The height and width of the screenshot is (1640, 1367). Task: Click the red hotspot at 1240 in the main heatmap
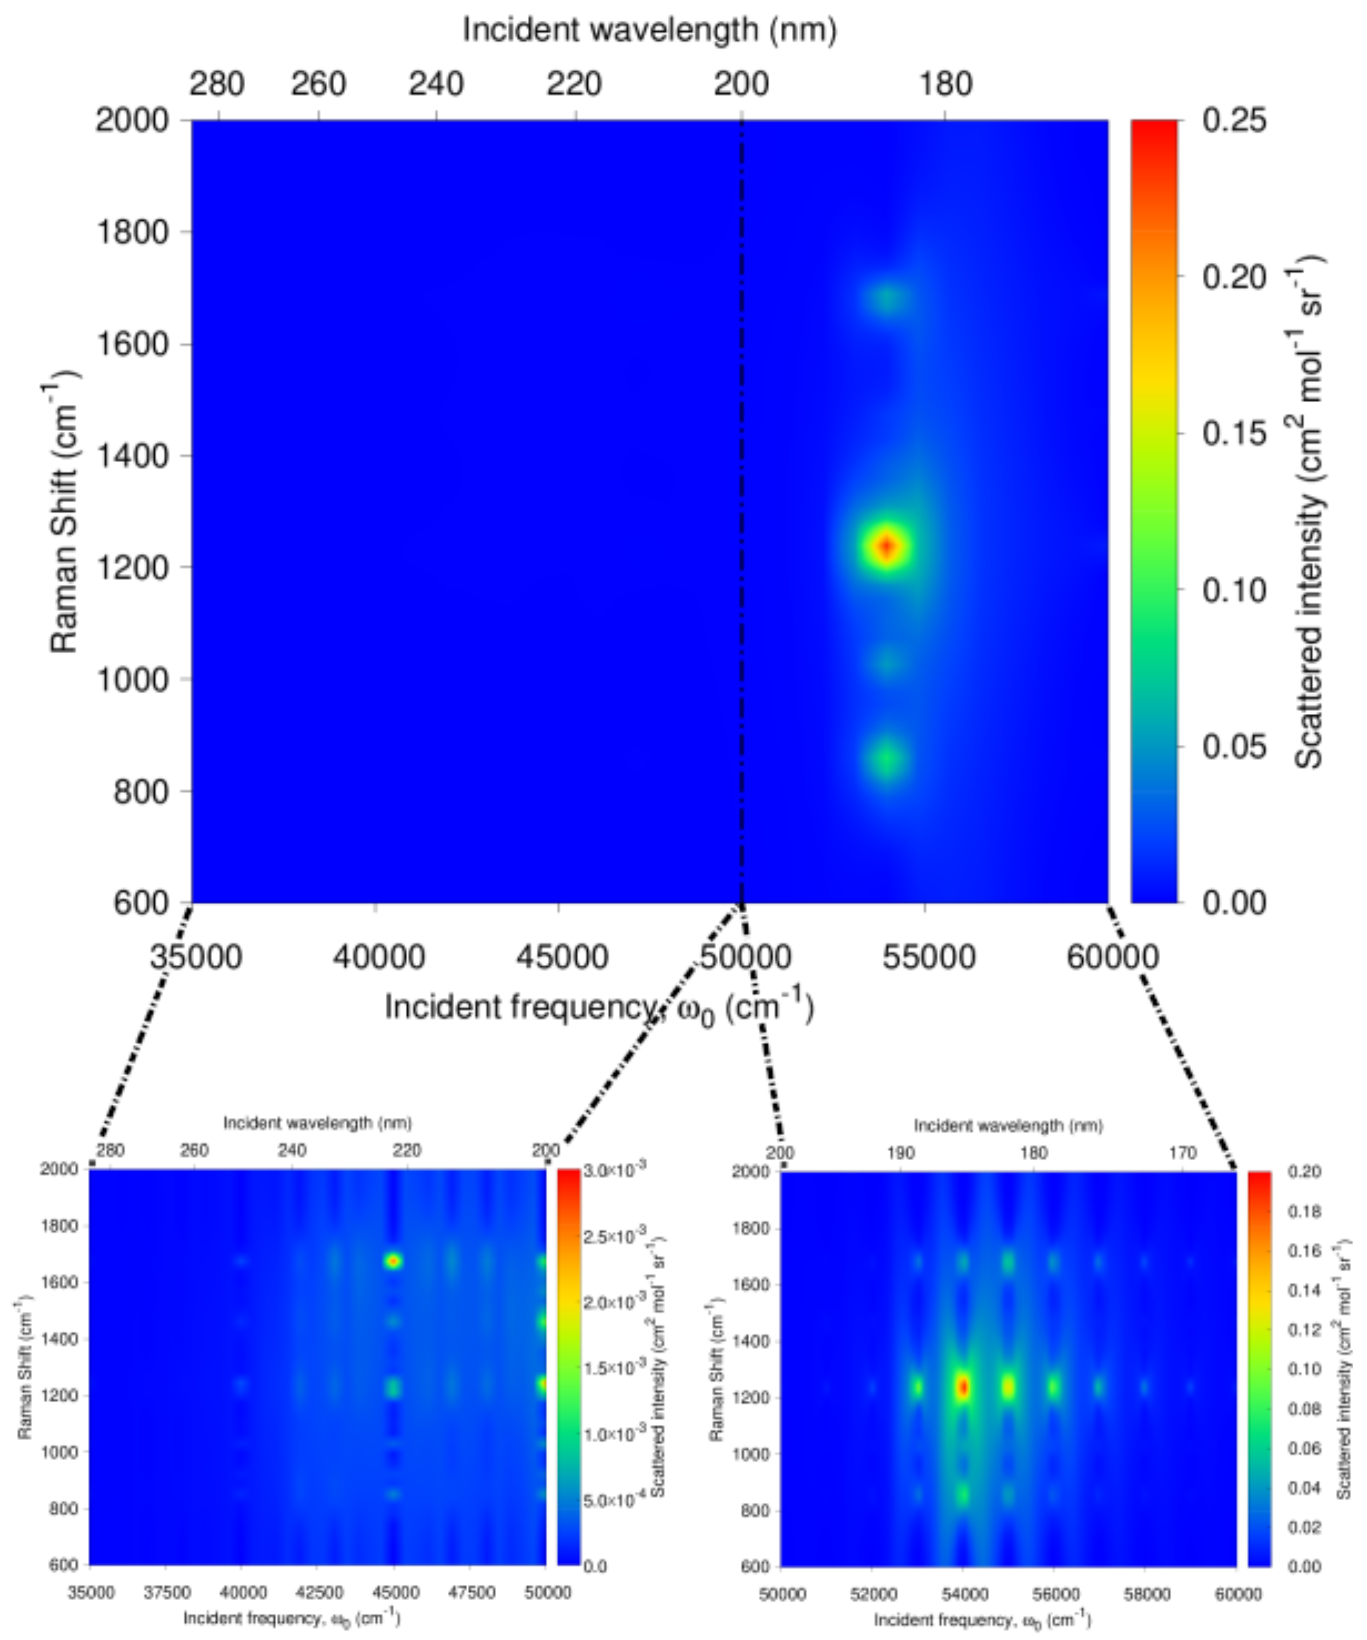tap(886, 546)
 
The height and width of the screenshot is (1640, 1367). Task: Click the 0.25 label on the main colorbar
tap(1234, 121)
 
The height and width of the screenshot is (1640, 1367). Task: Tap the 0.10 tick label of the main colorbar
tap(1234, 591)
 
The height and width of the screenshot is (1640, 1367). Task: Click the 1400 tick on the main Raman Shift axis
tap(131, 456)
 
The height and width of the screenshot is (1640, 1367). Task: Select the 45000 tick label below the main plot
tap(558, 957)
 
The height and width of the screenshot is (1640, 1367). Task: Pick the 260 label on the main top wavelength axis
tap(318, 83)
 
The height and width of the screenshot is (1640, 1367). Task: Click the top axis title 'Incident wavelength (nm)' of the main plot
tap(650, 30)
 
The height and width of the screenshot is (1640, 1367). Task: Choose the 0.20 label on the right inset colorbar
tap(1304, 1171)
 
